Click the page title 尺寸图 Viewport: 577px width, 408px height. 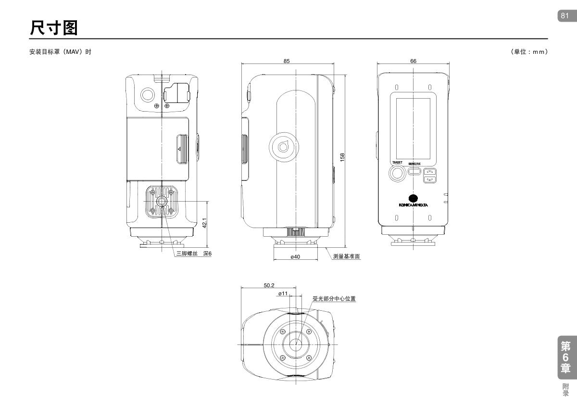click(53, 28)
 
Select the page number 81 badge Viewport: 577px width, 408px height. click(565, 16)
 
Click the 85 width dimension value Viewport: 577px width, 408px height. click(287, 61)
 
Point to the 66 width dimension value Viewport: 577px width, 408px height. click(414, 61)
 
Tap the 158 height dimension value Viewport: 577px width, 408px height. click(342, 157)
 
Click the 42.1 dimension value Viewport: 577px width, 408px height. click(204, 223)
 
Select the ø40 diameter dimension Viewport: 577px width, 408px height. click(295, 257)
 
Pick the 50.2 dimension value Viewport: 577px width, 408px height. click(269, 285)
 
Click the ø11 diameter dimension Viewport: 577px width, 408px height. click(283, 293)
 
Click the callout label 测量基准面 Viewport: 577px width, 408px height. click(346, 256)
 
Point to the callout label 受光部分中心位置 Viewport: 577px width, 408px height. click(334, 299)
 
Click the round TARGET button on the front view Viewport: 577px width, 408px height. click(397, 174)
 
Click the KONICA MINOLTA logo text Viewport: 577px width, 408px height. click(413, 204)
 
